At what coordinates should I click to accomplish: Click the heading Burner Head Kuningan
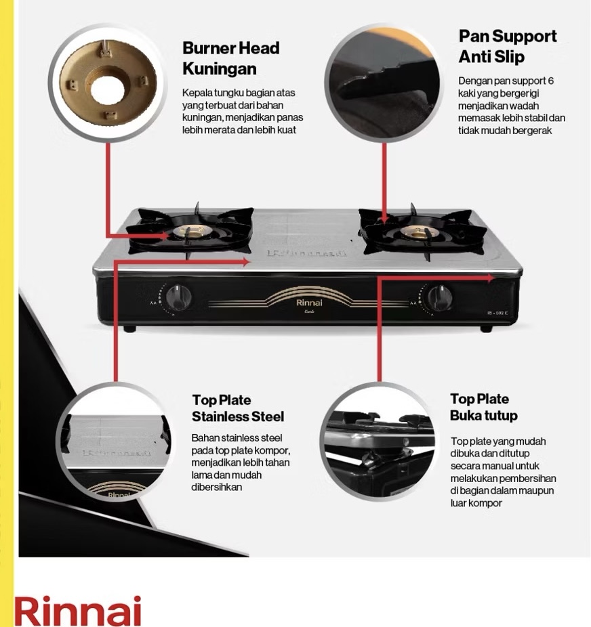[x=230, y=58]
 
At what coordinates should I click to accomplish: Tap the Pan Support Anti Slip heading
[x=507, y=46]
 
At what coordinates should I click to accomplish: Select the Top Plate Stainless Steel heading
[x=237, y=408]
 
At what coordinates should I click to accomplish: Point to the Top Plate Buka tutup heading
[x=483, y=407]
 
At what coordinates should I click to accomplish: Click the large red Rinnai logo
[x=78, y=611]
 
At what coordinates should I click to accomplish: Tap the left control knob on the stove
[x=178, y=296]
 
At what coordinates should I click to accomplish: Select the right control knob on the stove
[x=439, y=297]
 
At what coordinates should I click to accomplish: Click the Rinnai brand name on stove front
[x=310, y=303]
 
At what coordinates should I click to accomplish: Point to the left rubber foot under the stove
[x=129, y=328]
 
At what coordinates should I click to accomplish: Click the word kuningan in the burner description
[x=198, y=117]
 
